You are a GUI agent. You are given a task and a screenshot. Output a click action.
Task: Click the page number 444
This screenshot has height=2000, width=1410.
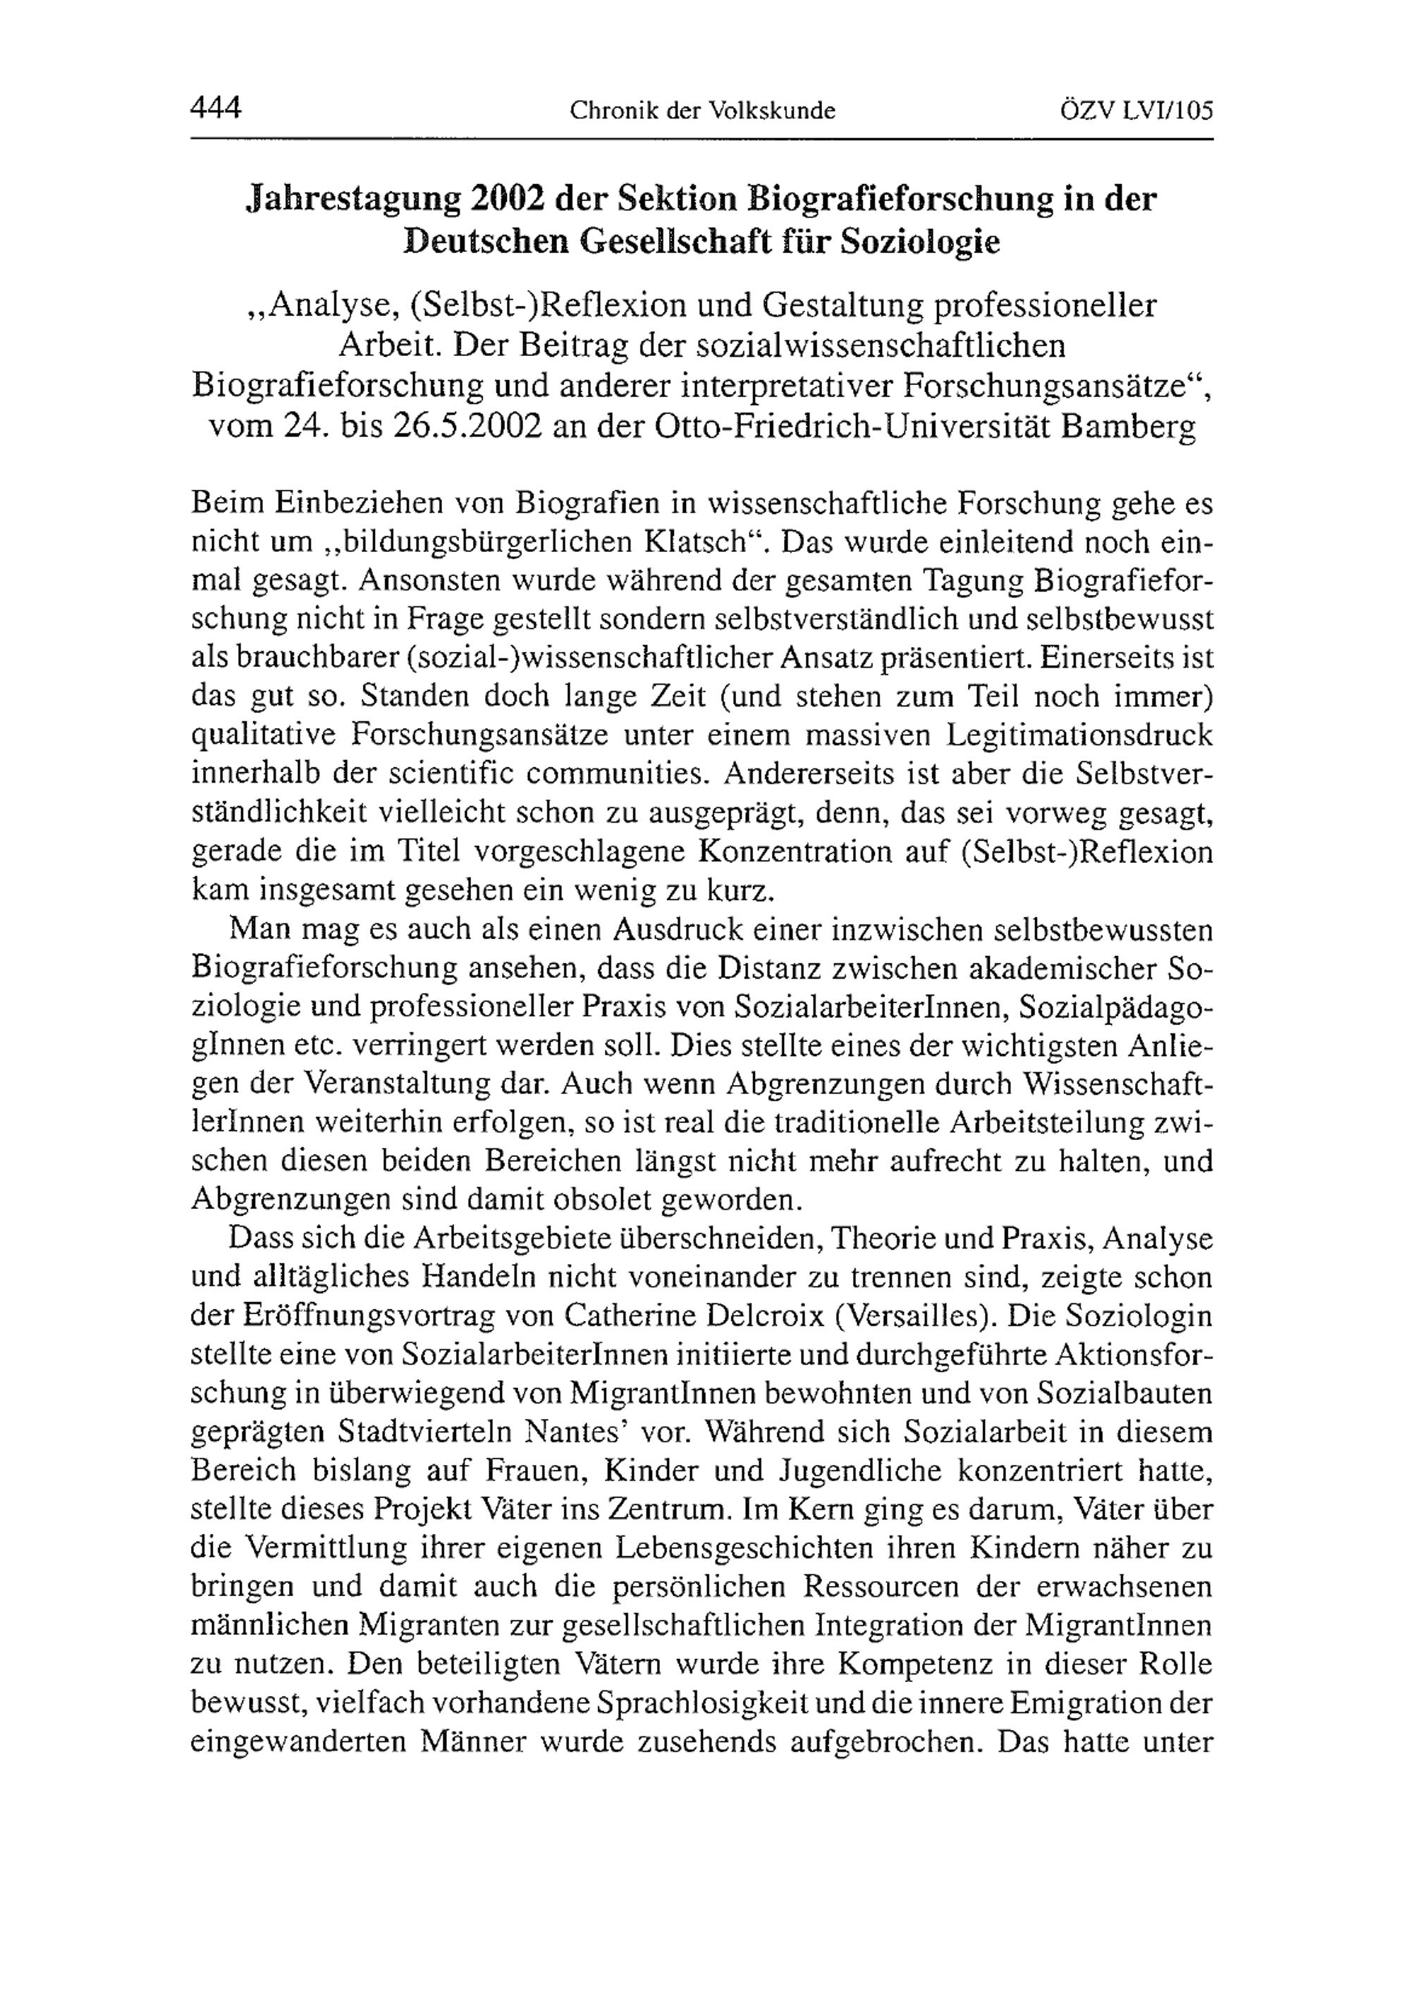pos(215,109)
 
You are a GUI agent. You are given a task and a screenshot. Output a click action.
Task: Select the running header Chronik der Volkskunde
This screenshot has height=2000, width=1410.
pos(702,111)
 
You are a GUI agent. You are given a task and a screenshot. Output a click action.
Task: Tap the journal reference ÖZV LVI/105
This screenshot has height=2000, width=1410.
pos(1136,111)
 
